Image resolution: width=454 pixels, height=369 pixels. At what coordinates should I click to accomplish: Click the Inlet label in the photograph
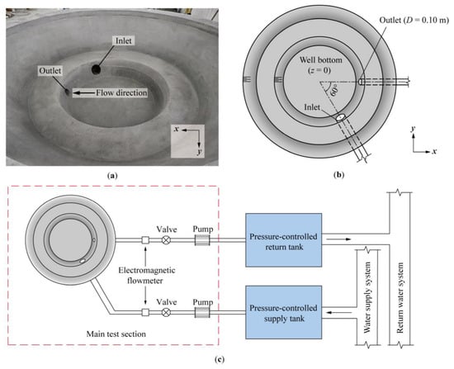click(124, 40)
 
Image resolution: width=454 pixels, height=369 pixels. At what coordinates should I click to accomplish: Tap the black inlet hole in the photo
click(96, 69)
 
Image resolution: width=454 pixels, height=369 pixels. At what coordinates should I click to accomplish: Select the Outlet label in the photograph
click(50, 71)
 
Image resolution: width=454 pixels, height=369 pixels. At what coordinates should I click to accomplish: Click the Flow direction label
click(121, 93)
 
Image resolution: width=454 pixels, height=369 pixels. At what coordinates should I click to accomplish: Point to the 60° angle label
click(334, 91)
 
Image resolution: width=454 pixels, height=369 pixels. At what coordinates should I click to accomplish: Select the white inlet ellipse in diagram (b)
click(340, 117)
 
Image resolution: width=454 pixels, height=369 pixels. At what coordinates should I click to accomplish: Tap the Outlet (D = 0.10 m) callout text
click(414, 20)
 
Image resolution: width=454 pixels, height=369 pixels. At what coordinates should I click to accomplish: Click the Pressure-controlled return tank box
click(283, 240)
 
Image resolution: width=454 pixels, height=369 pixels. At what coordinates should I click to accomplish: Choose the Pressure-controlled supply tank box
click(283, 312)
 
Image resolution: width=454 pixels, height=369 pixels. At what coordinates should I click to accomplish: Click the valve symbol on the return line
click(166, 240)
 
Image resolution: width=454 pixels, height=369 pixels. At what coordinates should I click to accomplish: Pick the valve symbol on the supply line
click(166, 312)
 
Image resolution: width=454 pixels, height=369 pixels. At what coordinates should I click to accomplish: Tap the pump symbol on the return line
click(202, 240)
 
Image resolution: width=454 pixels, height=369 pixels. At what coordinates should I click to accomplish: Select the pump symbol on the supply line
click(202, 312)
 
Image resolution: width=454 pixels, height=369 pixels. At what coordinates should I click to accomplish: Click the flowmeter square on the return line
click(145, 240)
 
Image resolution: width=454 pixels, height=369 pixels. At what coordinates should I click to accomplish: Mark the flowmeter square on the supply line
click(145, 312)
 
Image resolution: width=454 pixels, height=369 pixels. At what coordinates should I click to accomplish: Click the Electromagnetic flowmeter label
click(146, 276)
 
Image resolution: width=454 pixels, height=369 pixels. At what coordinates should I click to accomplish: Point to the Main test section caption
click(116, 334)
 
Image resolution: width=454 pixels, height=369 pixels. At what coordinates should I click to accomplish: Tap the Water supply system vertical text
click(367, 297)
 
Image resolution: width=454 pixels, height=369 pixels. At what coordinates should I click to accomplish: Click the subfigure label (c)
click(220, 360)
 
